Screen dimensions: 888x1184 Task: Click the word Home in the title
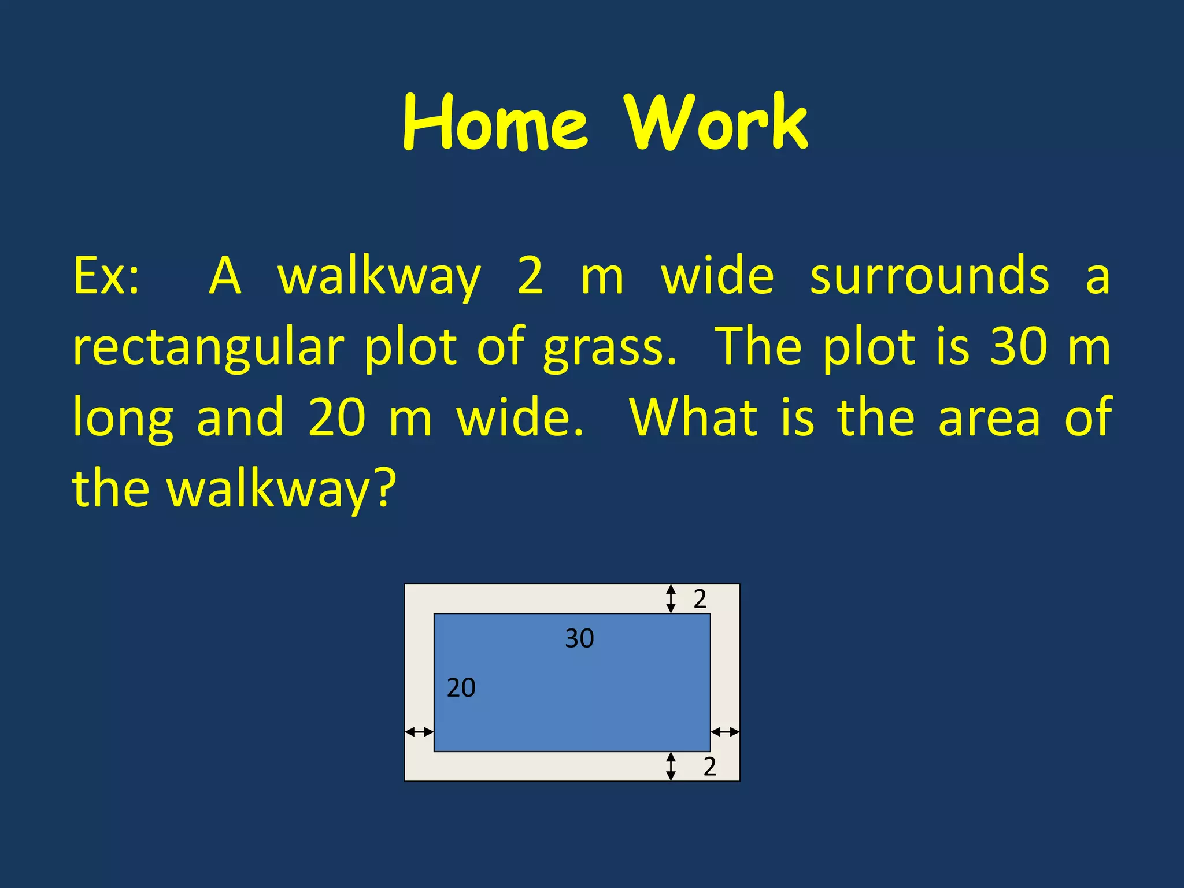point(495,123)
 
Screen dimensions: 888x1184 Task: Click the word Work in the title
point(716,123)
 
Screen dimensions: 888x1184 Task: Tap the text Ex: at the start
point(106,276)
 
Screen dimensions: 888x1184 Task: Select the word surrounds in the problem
point(929,276)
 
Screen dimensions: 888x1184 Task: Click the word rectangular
point(209,348)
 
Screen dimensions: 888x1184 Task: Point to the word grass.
point(609,348)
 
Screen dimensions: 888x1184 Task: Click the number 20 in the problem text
point(337,417)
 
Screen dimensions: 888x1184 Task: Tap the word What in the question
point(693,417)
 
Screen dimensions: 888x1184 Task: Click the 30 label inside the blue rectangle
point(579,638)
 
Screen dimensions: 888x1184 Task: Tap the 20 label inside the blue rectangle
point(461,687)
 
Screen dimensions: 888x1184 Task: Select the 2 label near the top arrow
point(700,599)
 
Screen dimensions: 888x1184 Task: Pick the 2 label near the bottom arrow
point(709,766)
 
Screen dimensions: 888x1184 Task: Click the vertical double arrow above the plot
point(671,598)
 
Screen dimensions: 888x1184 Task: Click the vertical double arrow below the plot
point(671,766)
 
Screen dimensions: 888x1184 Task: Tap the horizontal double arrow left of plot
point(419,732)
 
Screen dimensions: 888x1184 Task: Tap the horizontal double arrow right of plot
point(725,732)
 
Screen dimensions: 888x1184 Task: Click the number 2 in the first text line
point(530,276)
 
